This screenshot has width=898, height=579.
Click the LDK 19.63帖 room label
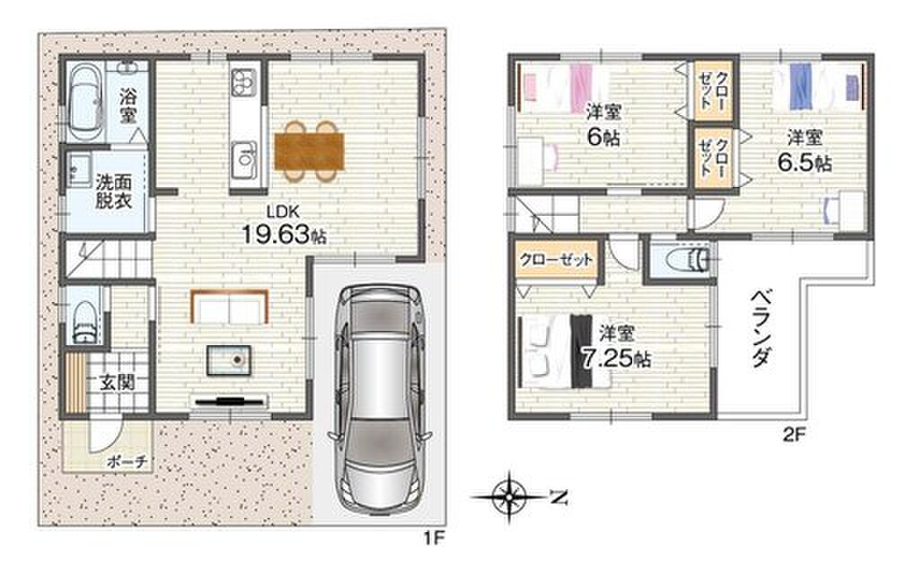283,226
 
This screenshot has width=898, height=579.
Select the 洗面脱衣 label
113,192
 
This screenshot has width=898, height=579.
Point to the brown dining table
309,151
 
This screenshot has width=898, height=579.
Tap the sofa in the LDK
230,307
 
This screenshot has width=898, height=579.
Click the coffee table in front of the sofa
229,361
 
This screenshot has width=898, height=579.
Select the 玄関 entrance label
117,382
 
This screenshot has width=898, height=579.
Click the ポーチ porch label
128,461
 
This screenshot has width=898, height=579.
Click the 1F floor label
434,539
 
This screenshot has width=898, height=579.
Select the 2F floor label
795,434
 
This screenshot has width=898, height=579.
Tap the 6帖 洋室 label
603,125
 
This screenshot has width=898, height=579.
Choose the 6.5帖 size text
804,164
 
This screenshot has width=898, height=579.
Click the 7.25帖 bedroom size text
616,359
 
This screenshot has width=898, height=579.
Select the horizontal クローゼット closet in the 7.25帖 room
556,260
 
